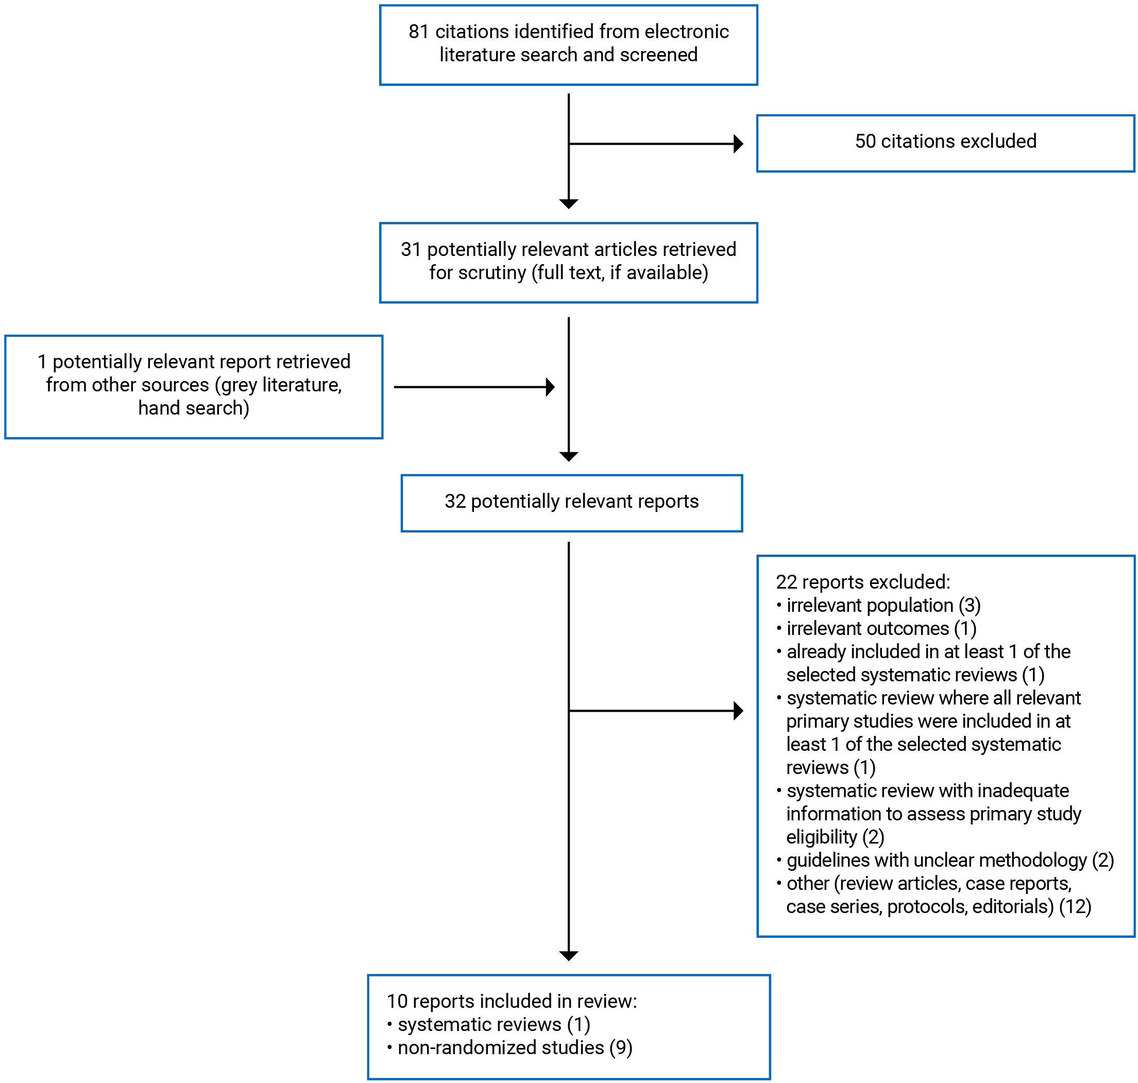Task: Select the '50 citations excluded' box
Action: [x=945, y=143]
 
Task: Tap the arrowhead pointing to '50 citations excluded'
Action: [x=737, y=144]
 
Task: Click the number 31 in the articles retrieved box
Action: [x=411, y=249]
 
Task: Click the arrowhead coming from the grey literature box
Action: [x=550, y=387]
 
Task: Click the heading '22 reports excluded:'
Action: [x=862, y=582]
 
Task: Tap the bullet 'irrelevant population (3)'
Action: [x=883, y=605]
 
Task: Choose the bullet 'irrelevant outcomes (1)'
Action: [x=880, y=628]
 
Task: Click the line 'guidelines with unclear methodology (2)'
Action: [x=949, y=860]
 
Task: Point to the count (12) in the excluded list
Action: [x=1075, y=906]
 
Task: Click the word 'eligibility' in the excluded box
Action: [x=821, y=837]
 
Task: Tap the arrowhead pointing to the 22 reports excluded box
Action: [x=737, y=711]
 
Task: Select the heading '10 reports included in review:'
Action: [x=512, y=1001]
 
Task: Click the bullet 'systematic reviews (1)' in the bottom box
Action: [x=494, y=1024]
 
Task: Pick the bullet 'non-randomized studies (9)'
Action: [x=515, y=1047]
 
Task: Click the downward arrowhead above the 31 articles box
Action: [x=569, y=204]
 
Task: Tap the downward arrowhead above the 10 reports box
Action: [x=569, y=956]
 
